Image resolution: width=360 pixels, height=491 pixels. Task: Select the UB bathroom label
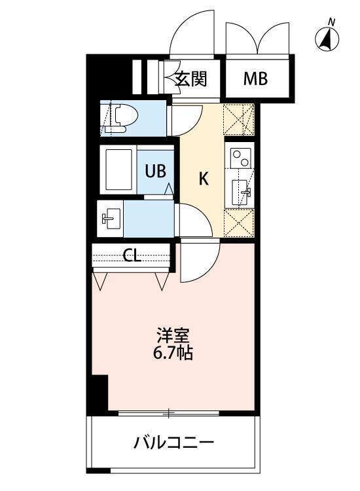click(x=155, y=171)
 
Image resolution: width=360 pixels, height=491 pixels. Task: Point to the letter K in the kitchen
click(x=204, y=178)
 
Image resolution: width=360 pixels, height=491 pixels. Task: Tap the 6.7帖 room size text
click(x=173, y=354)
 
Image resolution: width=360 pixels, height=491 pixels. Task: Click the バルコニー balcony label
click(x=174, y=443)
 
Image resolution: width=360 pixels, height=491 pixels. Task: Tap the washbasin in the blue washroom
click(x=109, y=218)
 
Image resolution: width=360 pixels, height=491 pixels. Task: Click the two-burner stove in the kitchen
click(x=240, y=158)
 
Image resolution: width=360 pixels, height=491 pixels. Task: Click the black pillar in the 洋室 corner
click(x=99, y=393)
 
